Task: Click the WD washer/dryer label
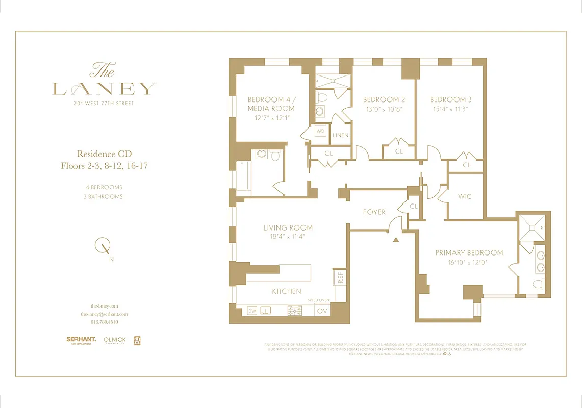coord(320,131)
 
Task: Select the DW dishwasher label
coord(252,310)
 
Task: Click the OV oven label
coord(322,310)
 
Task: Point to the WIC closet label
coord(465,196)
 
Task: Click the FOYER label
coord(374,212)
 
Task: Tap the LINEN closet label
coord(340,135)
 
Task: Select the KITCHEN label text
coord(286,291)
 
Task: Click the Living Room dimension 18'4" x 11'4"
coord(288,236)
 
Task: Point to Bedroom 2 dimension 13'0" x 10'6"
coord(384,109)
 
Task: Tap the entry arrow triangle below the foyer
coord(395,239)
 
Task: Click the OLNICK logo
coord(114,340)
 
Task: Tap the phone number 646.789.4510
coord(104,322)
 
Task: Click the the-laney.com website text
coord(104,306)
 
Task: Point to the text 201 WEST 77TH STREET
coord(104,104)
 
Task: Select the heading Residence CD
coord(104,154)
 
